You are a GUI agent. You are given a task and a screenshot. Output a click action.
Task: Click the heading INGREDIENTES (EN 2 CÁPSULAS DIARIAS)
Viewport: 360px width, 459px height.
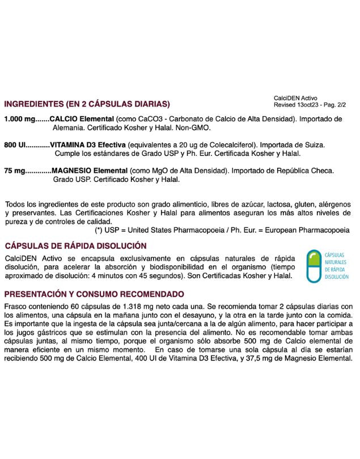(87, 104)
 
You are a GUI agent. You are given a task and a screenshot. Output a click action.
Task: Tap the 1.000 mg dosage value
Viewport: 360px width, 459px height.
(19, 120)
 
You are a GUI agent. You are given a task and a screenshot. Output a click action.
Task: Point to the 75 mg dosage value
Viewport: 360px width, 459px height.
(15, 171)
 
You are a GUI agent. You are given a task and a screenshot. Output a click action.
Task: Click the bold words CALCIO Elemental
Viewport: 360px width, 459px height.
(82, 120)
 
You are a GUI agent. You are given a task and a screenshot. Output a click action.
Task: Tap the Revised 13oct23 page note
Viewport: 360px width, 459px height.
(310, 105)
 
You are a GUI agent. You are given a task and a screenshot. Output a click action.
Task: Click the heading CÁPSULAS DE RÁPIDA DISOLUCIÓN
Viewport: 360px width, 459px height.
(75, 245)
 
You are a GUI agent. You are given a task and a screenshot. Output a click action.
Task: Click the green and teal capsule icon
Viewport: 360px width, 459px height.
(312, 266)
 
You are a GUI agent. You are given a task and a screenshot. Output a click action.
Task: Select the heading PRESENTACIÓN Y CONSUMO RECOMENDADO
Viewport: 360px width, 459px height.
(94, 294)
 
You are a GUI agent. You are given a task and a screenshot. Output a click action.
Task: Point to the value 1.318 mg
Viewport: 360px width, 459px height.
(137, 307)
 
